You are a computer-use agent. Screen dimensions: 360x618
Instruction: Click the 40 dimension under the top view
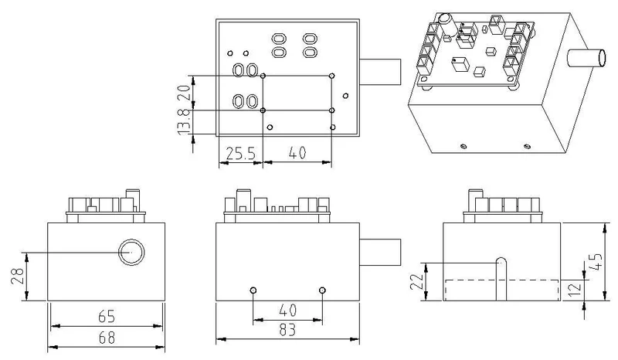click(297, 154)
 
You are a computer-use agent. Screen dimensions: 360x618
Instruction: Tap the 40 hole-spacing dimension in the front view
click(287, 311)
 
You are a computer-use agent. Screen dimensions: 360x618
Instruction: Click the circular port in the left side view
click(131, 252)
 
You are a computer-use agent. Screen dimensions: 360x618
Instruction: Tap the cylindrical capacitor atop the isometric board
click(445, 19)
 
